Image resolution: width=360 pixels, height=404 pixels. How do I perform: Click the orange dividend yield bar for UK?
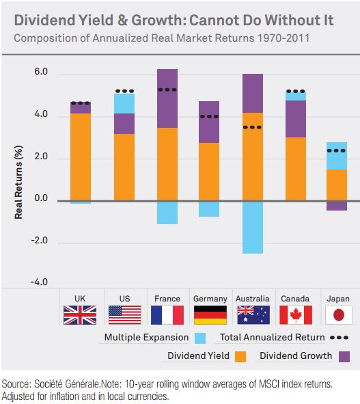pos(81,157)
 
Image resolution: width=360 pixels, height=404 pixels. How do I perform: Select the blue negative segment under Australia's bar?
pos(252,227)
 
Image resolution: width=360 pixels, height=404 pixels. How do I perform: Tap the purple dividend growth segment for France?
pos(167,98)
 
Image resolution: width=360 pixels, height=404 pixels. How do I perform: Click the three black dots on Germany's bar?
pos(210,116)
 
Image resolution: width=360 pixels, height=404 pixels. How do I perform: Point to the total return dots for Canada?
pos(295,91)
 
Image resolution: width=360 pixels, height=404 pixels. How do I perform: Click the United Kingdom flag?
pos(81,314)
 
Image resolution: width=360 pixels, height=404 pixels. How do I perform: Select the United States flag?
pos(124,314)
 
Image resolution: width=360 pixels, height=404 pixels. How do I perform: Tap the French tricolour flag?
pos(167,314)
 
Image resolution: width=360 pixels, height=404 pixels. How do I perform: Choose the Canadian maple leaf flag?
pos(295,314)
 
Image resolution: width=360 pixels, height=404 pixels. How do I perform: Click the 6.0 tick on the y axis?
pos(41,72)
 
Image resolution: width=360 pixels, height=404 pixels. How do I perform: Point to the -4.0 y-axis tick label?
pos(40,282)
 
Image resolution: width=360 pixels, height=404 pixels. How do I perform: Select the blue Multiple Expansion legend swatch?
pos(199,338)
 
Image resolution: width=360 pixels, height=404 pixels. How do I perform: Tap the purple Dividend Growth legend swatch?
pos(344,356)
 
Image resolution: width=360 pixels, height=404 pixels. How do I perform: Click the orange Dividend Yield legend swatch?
pos(240,356)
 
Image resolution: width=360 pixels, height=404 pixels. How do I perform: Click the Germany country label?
pos(210,299)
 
